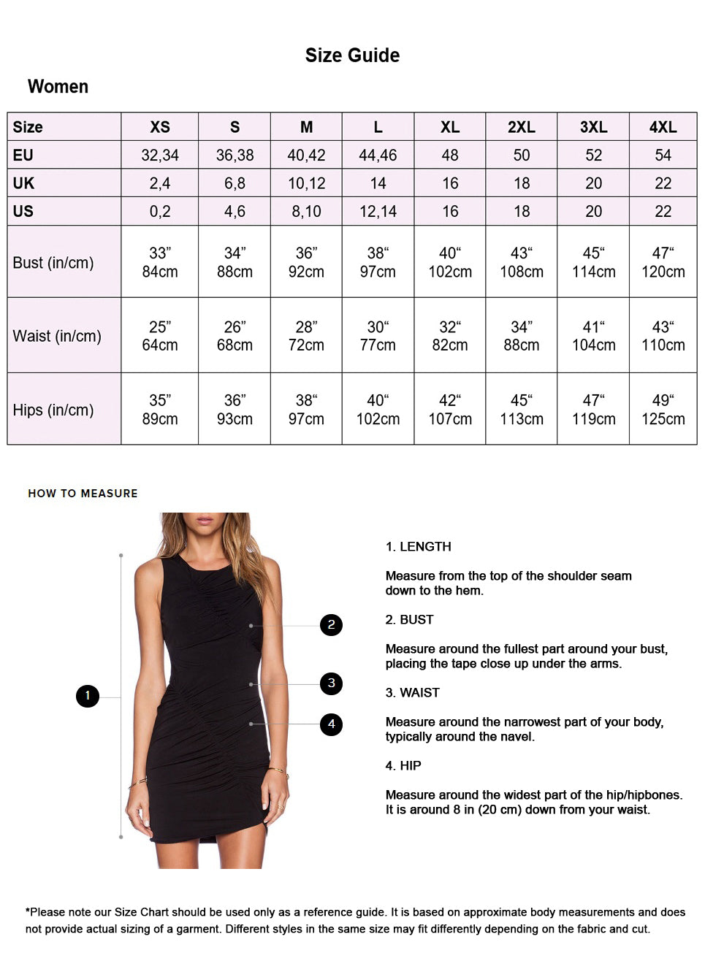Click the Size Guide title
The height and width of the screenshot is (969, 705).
352,55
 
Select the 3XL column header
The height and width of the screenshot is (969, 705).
593,127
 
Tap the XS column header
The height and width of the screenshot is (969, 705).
160,127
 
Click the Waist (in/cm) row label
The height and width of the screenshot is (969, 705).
57,336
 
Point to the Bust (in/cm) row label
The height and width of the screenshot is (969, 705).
53,263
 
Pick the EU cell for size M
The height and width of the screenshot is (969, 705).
306,155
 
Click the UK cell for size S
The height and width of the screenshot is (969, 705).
235,183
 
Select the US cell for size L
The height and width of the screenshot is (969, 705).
378,212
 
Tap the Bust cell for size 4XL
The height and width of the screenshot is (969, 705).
663,262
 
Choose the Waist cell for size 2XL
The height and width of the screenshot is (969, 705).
522,336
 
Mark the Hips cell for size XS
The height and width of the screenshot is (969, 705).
160,410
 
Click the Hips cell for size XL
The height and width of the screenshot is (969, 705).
450,410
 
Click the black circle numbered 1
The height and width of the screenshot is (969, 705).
88,695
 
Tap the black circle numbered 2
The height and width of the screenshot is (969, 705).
331,624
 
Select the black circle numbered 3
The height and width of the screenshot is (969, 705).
331,683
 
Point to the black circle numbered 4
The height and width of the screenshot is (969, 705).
331,724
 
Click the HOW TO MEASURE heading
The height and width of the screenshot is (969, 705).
83,494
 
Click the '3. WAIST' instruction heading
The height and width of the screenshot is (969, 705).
413,692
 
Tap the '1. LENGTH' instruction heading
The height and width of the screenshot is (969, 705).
419,546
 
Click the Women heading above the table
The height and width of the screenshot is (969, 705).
58,87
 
